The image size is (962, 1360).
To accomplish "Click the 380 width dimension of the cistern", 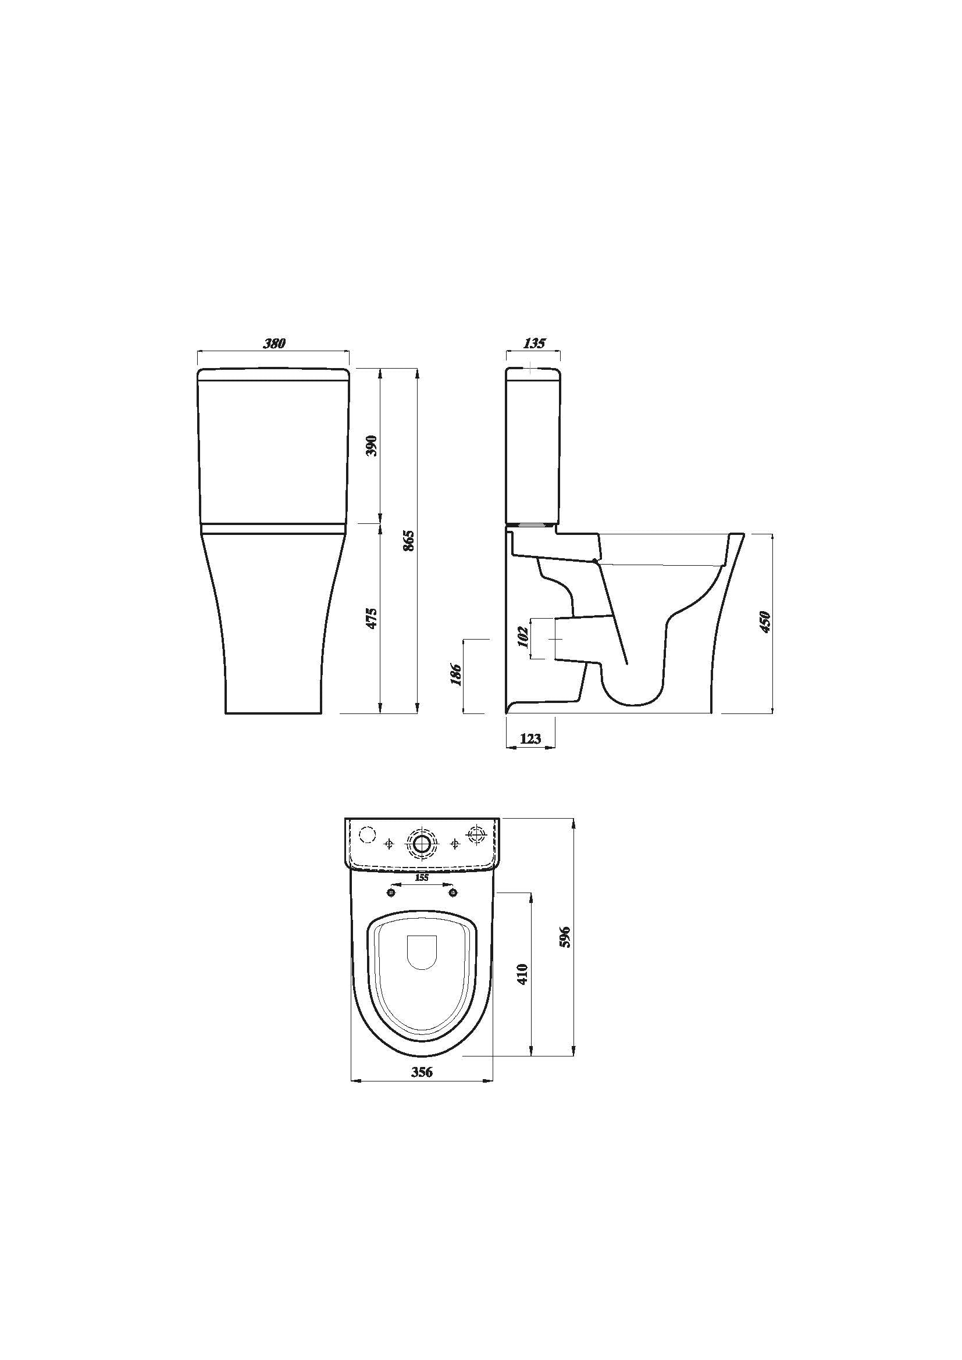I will [x=275, y=343].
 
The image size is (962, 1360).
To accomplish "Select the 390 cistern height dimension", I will [x=372, y=445].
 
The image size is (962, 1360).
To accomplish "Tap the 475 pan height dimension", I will [x=372, y=618].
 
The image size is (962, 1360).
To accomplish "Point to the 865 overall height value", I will [x=408, y=540].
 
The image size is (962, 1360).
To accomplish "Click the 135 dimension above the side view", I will [x=534, y=343].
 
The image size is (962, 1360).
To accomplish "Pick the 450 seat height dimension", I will [x=765, y=622].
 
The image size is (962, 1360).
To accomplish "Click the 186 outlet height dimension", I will [x=455, y=674].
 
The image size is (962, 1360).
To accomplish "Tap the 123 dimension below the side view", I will [x=531, y=738].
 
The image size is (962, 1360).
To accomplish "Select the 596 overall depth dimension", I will [x=565, y=937].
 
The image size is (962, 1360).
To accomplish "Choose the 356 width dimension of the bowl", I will [x=422, y=1072].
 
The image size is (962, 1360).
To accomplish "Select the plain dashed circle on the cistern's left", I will [x=368, y=834].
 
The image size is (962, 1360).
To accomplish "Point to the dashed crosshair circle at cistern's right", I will [x=476, y=835].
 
